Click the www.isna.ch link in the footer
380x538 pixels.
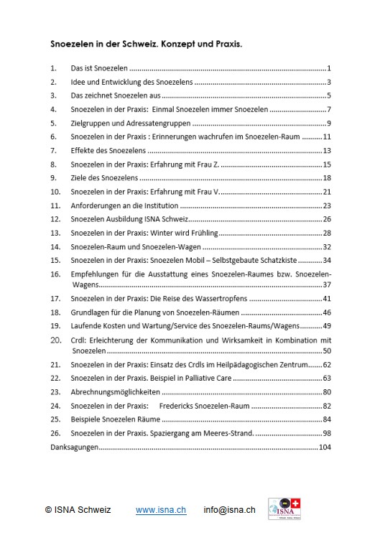[x=161, y=510]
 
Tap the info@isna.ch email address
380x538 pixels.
[x=229, y=510]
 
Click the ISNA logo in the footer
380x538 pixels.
[x=284, y=509]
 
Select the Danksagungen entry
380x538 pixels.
[x=73, y=446]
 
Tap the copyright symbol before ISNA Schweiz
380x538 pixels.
[x=48, y=510]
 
